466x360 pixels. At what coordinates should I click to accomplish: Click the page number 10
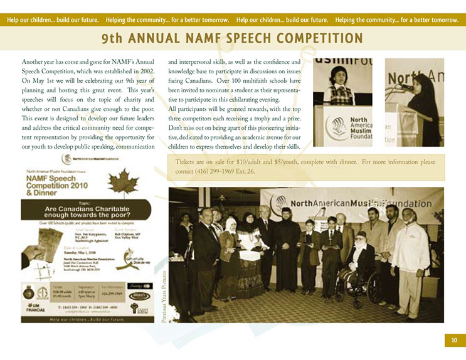(x=453, y=340)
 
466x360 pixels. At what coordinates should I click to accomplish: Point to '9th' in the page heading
(x=115, y=39)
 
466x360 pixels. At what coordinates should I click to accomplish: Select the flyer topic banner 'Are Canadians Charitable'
(x=87, y=211)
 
